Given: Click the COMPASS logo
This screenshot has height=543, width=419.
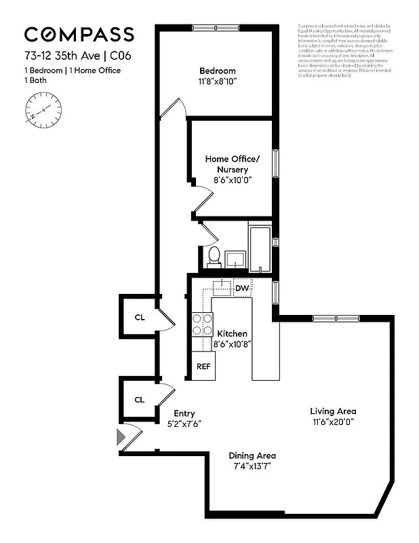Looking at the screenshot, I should [79, 35].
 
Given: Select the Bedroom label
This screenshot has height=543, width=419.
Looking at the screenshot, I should [217, 71].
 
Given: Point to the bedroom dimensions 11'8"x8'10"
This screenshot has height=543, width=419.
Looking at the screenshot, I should [217, 81].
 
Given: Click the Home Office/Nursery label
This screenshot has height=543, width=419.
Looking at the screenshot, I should [226, 164].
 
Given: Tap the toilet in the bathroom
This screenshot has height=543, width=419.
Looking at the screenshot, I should [214, 257].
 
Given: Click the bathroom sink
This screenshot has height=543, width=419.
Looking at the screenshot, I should [235, 258].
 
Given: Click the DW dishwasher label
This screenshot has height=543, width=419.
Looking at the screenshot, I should [242, 288].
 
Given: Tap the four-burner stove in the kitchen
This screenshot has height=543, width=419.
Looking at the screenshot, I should [202, 324].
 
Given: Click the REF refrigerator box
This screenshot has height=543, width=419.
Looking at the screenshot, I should [203, 366].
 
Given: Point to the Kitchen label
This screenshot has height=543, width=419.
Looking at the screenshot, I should [232, 334].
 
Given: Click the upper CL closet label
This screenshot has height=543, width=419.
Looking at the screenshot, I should [139, 317].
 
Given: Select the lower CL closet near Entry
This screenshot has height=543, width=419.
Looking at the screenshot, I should [139, 400].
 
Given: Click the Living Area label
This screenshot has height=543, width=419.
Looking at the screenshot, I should [333, 411].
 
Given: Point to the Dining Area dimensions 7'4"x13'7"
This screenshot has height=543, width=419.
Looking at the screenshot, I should [252, 466].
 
